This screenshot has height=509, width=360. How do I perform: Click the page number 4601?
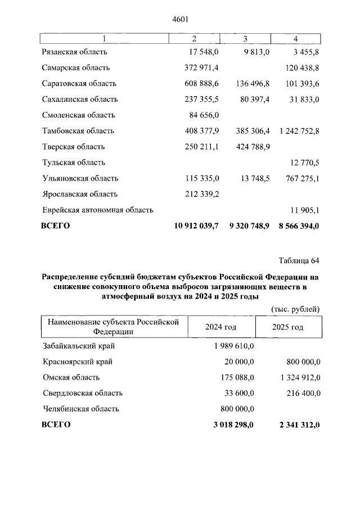[x=179, y=19]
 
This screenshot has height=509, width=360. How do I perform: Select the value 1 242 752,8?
[x=299, y=130]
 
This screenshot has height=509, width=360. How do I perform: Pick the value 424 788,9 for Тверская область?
[x=251, y=146]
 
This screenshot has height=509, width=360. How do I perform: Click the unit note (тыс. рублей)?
[x=295, y=309]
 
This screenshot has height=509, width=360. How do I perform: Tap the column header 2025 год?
[x=287, y=327]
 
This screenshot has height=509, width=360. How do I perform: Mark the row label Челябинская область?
[x=80, y=409]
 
